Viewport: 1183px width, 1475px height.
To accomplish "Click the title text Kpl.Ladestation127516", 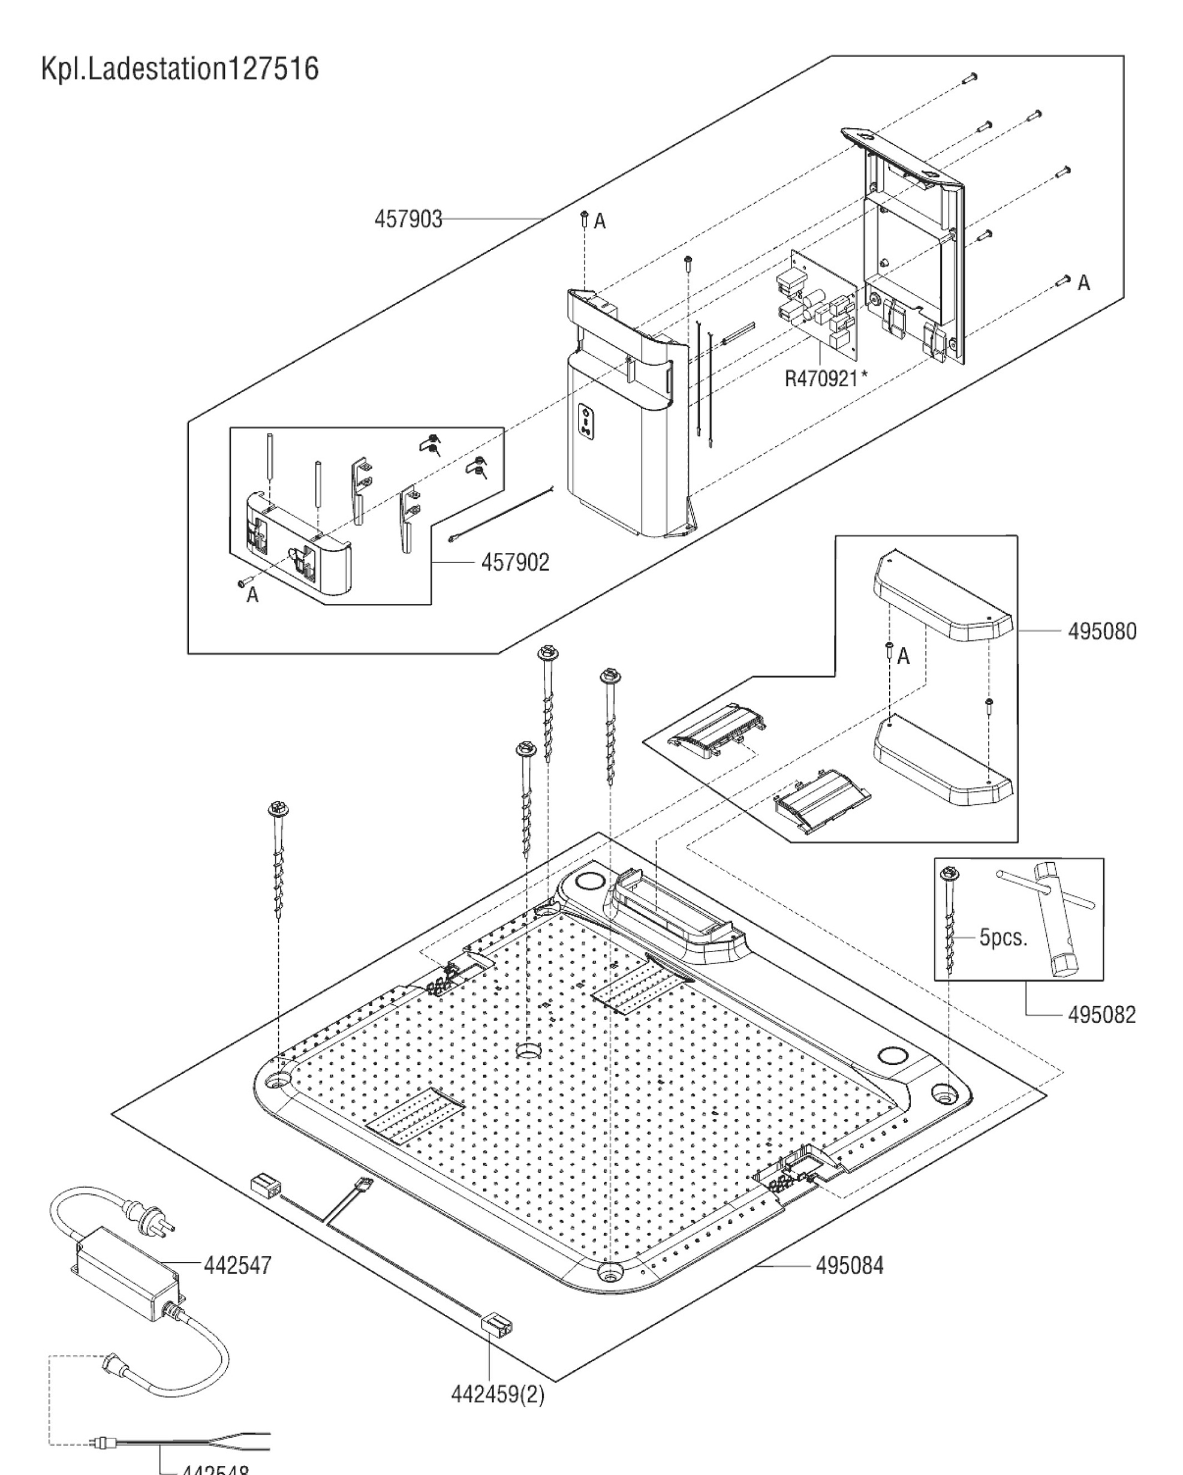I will point(180,70).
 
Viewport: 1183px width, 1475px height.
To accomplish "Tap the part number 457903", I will point(408,219).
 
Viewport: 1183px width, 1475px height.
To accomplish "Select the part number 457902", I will point(514,562).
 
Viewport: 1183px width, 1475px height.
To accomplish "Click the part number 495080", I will point(1101,631).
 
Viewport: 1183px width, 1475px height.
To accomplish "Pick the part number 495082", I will point(1101,1014).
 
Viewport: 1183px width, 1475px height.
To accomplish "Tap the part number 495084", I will point(849,1266).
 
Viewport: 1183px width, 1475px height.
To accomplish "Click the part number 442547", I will point(237,1265).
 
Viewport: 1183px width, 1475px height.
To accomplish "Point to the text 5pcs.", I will point(1003,937).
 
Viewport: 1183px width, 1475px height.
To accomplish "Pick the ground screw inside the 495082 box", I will point(950,920).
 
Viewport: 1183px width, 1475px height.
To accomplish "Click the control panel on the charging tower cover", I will point(586,419).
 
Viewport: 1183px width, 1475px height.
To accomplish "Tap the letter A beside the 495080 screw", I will point(903,656).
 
